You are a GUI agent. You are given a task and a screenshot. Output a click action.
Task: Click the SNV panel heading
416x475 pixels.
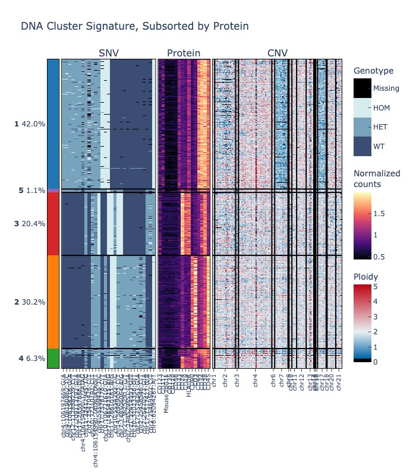tap(109, 53)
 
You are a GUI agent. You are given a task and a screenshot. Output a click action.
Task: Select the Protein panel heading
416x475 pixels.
tap(184, 53)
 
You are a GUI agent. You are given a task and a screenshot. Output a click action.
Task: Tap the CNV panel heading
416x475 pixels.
tap(278, 53)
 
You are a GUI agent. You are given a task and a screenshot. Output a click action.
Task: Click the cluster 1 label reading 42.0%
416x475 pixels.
tap(30, 124)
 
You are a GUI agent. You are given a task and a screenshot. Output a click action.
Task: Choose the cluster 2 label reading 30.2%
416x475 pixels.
tap(30, 302)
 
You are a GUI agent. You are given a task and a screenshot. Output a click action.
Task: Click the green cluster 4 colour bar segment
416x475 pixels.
tap(53, 359)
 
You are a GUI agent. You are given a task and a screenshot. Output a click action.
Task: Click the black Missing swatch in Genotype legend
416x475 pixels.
tap(362, 88)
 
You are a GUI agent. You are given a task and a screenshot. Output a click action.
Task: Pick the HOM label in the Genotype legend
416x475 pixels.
tap(381, 108)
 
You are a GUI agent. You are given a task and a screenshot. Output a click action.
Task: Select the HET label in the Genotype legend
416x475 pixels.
tap(380, 127)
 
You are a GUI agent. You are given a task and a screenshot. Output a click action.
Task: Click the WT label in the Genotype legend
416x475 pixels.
tap(378, 146)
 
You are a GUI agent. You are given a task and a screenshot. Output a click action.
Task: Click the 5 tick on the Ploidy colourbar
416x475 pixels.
tap(374, 286)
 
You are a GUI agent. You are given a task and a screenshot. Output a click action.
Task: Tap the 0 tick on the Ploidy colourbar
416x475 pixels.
tap(374, 362)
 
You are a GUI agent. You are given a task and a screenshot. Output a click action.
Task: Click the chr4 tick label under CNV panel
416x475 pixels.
tap(256, 381)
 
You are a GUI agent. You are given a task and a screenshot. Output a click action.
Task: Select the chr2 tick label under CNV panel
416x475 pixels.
tap(225, 381)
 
